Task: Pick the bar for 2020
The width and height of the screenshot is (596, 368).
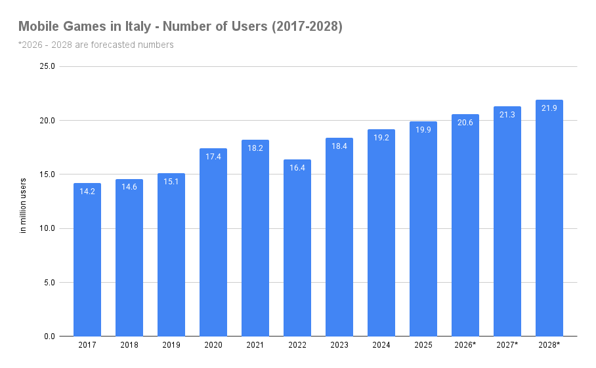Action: tap(213, 243)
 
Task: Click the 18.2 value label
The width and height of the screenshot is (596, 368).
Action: tap(255, 148)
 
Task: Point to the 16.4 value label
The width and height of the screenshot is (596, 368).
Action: tap(297, 168)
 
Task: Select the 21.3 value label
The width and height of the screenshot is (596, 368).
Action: tap(507, 115)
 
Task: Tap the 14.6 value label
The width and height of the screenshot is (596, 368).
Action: tap(129, 187)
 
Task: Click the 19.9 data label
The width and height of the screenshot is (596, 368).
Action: tap(423, 130)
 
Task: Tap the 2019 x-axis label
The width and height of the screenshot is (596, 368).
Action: tap(171, 345)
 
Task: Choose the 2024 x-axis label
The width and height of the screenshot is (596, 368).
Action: tap(381, 345)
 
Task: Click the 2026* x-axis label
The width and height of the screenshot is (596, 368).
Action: tap(465, 345)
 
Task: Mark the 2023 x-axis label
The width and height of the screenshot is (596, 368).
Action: tap(339, 345)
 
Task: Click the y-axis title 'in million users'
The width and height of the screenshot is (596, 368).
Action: tap(23, 206)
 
